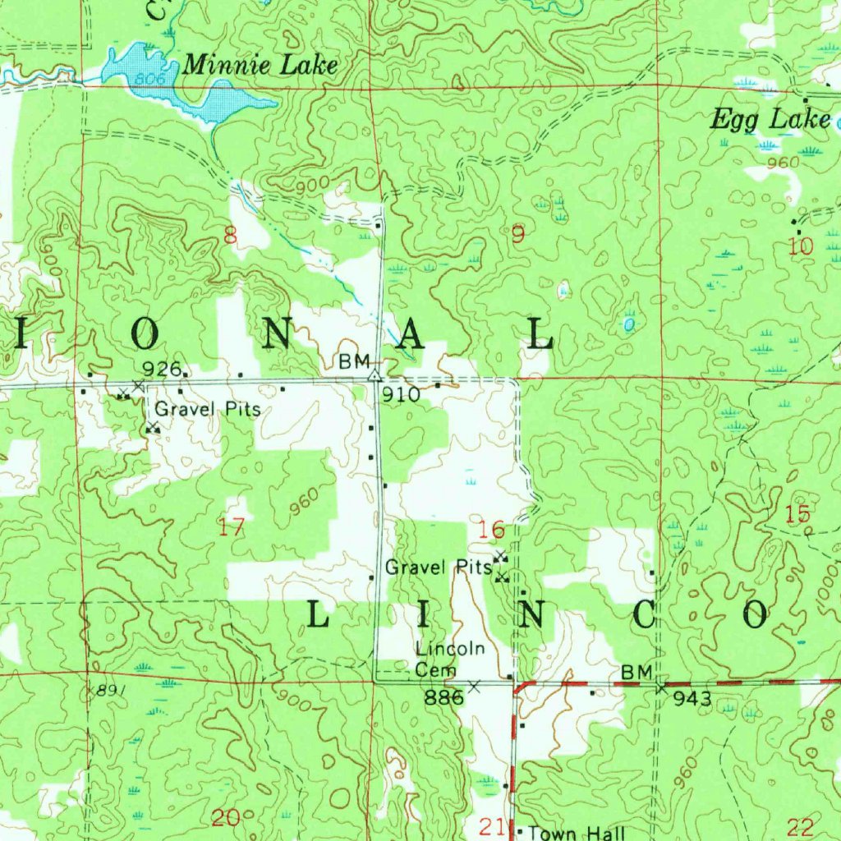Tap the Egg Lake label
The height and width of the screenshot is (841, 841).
770,120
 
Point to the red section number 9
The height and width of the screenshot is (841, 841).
517,235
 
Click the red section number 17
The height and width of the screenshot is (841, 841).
232,526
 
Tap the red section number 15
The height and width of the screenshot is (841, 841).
797,515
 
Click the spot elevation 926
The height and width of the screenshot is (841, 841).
161,368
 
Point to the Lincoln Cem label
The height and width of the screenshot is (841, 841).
448,659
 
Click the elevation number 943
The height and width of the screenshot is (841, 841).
691,699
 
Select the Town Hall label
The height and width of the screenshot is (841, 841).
575,831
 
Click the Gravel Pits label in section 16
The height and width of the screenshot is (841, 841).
438,567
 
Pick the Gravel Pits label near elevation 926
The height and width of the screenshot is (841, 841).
207,408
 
